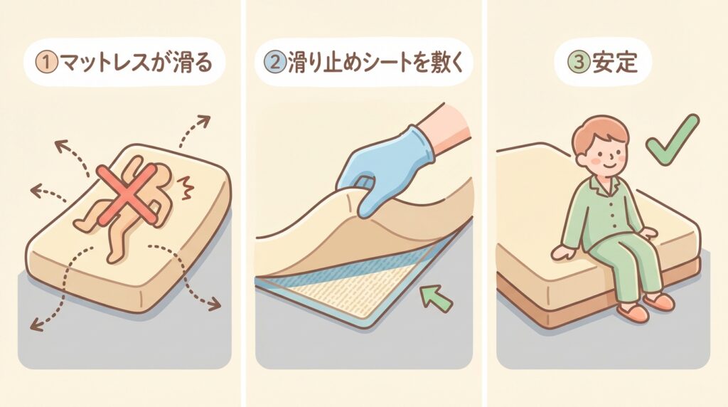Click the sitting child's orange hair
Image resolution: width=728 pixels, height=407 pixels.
[601, 130]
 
